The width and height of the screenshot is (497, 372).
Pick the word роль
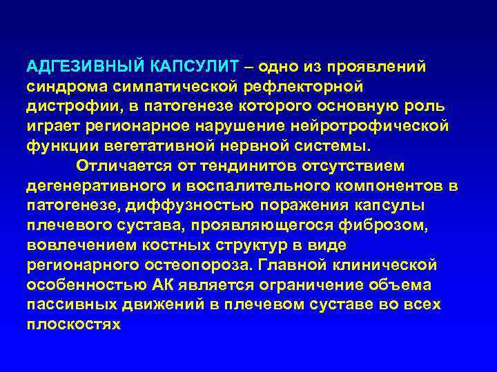click(x=429, y=107)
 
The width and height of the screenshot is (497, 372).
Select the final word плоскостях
click(x=73, y=325)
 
